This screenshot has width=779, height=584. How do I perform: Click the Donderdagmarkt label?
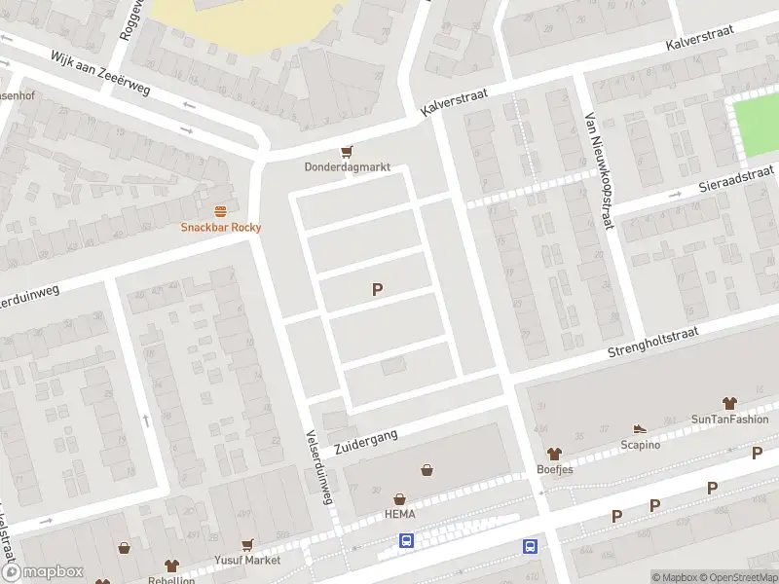click(x=347, y=167)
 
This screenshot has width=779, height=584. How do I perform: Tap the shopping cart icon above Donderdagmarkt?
click(x=347, y=151)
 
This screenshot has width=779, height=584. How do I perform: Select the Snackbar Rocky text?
click(x=221, y=228)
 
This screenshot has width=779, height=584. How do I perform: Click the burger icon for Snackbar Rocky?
click(x=221, y=211)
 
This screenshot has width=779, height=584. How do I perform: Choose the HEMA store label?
click(x=400, y=515)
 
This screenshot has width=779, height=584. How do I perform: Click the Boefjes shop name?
click(x=555, y=469)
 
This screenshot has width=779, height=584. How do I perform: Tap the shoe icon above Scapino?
click(x=640, y=428)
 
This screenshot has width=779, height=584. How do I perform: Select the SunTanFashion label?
click(x=729, y=420)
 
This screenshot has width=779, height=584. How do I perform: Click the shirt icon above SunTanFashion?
click(x=729, y=403)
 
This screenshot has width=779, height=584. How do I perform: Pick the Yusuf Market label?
click(x=248, y=561)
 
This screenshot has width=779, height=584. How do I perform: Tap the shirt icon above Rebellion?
click(x=171, y=566)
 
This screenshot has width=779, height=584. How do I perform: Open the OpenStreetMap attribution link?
click(x=733, y=577)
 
